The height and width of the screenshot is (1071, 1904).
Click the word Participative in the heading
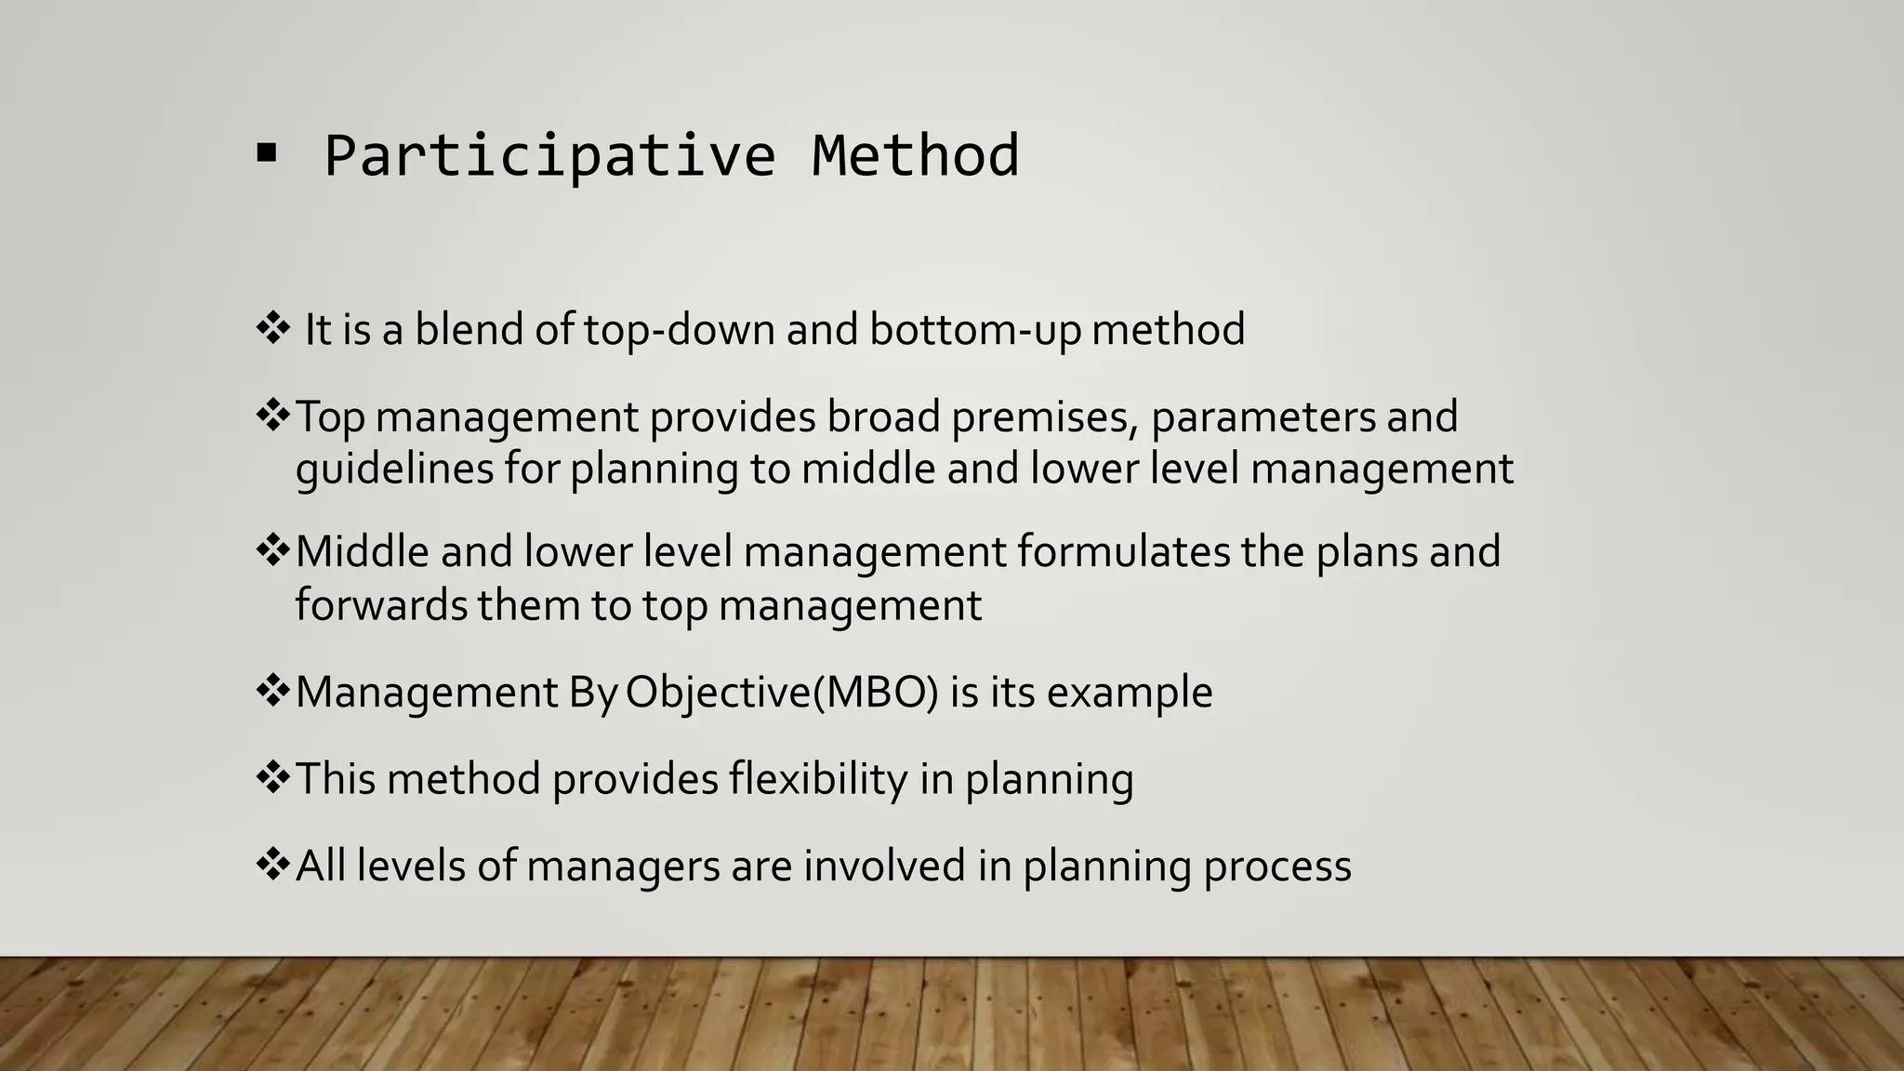tap(549, 155)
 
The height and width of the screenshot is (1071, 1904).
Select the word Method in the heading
tap(915, 155)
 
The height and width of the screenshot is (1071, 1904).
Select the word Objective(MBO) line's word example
tap(1130, 693)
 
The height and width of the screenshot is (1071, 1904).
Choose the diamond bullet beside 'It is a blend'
tap(272, 327)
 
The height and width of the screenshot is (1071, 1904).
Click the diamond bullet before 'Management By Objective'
tap(272, 691)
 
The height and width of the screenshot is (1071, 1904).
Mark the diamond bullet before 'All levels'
tap(272, 865)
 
